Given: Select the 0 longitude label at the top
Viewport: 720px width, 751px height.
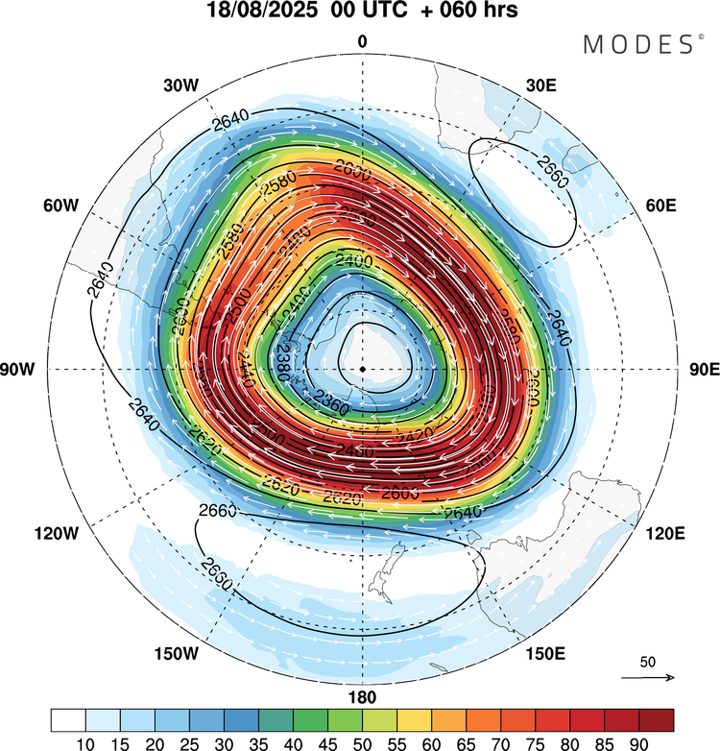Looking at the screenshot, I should (x=362, y=40).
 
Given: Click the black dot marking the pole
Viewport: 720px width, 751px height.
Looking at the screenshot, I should (x=362, y=369).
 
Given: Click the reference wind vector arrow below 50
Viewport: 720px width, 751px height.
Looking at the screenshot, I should (x=649, y=677).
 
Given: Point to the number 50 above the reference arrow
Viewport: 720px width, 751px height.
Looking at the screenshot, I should (x=648, y=662).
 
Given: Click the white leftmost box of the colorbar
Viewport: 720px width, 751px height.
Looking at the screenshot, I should (x=69, y=719).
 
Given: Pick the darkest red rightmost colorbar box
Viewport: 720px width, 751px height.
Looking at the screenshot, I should (x=655, y=719).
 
